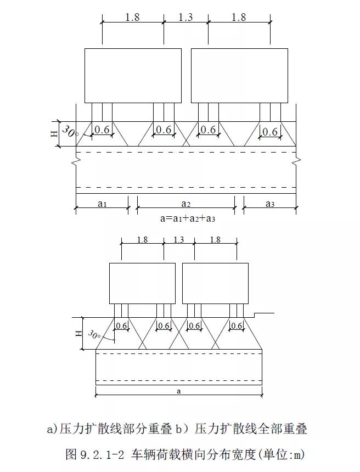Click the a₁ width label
point(102,204)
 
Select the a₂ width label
point(185,204)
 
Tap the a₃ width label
point(270,204)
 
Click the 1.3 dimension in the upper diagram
point(185,17)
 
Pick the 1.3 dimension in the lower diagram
point(179,239)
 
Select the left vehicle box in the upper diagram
point(133,75)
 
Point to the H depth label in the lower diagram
point(78,333)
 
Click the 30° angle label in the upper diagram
point(70,132)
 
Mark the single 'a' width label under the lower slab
point(179,391)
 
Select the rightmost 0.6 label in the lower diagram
point(237,326)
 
